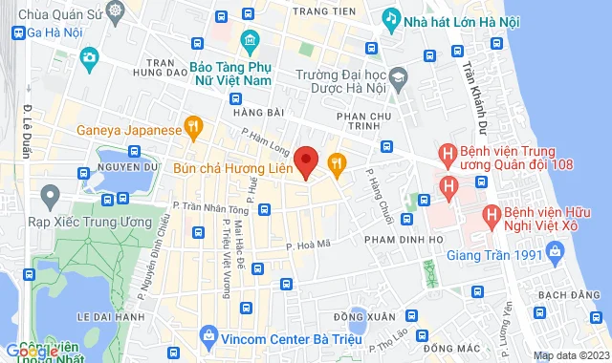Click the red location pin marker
(306, 160)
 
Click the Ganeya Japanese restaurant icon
(194, 124)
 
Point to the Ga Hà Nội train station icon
(17, 31)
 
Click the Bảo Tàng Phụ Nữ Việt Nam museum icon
(250, 40)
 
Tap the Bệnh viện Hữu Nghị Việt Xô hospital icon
(491, 214)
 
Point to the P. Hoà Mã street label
(309, 246)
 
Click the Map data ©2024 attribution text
(570, 355)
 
